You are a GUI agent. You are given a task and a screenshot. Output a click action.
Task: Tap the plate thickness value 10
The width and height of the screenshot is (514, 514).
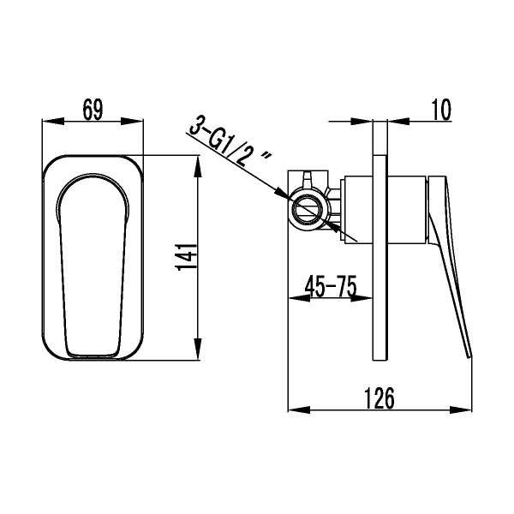(x=441, y=109)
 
